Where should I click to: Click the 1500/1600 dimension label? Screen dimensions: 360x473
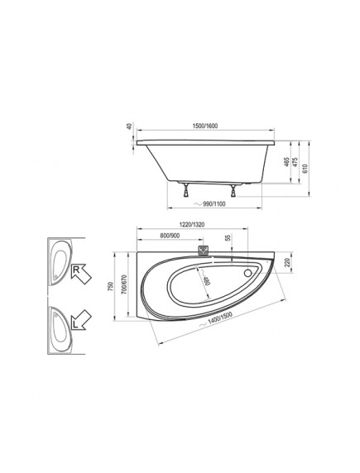(x=205, y=126)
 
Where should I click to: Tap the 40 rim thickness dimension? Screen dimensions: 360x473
(x=130, y=127)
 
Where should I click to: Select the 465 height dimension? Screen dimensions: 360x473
(x=287, y=162)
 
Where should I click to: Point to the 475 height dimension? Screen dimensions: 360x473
(x=295, y=162)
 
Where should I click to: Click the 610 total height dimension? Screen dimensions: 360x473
(x=305, y=169)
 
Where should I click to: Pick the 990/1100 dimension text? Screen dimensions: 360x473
(x=214, y=204)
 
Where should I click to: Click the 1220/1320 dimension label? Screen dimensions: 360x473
(x=192, y=224)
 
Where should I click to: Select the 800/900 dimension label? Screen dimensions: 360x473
(x=170, y=236)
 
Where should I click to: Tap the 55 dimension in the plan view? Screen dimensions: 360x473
(x=228, y=237)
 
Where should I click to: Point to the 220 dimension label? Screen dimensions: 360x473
(x=287, y=262)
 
